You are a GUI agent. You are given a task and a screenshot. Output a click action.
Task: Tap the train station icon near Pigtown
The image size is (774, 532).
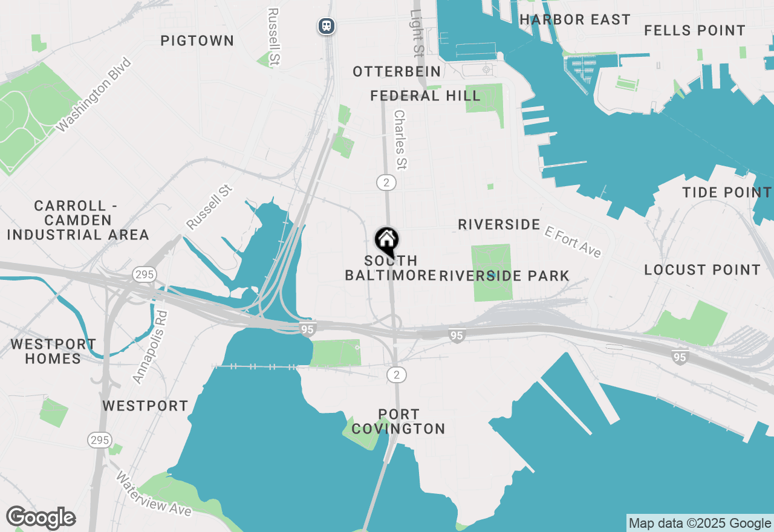tap(327, 26)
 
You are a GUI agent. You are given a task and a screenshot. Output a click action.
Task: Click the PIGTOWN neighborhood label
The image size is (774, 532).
tap(197, 41)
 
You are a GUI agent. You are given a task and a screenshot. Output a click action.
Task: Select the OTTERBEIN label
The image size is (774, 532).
tap(397, 71)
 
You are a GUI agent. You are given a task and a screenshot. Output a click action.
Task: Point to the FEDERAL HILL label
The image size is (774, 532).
tap(425, 96)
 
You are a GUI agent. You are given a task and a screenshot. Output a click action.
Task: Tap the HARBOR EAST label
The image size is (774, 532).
tap(575, 19)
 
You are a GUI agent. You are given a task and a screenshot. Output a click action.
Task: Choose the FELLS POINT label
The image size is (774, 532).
tap(695, 30)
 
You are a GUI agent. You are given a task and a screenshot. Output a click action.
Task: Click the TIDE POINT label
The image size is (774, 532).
tap(727, 192)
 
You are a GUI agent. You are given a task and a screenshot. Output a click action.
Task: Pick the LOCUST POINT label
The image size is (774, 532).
tap(702, 270)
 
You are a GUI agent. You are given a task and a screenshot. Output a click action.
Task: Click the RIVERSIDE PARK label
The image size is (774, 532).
tap(504, 276)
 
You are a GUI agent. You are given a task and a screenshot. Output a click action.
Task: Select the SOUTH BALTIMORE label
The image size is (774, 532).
tap(391, 268)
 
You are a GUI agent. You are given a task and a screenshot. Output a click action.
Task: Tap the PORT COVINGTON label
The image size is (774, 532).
tap(398, 422)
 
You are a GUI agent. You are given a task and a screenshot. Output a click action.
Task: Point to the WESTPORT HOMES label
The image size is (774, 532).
tap(53, 351)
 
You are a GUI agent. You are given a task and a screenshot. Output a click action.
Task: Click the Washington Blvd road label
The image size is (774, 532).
tap(93, 95)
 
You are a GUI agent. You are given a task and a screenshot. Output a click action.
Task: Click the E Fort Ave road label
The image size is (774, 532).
tap(573, 242)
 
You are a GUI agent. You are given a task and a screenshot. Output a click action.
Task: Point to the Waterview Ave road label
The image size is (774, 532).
tap(154, 494)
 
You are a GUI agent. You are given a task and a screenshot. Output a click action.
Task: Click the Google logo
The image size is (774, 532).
tap(41, 518)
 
